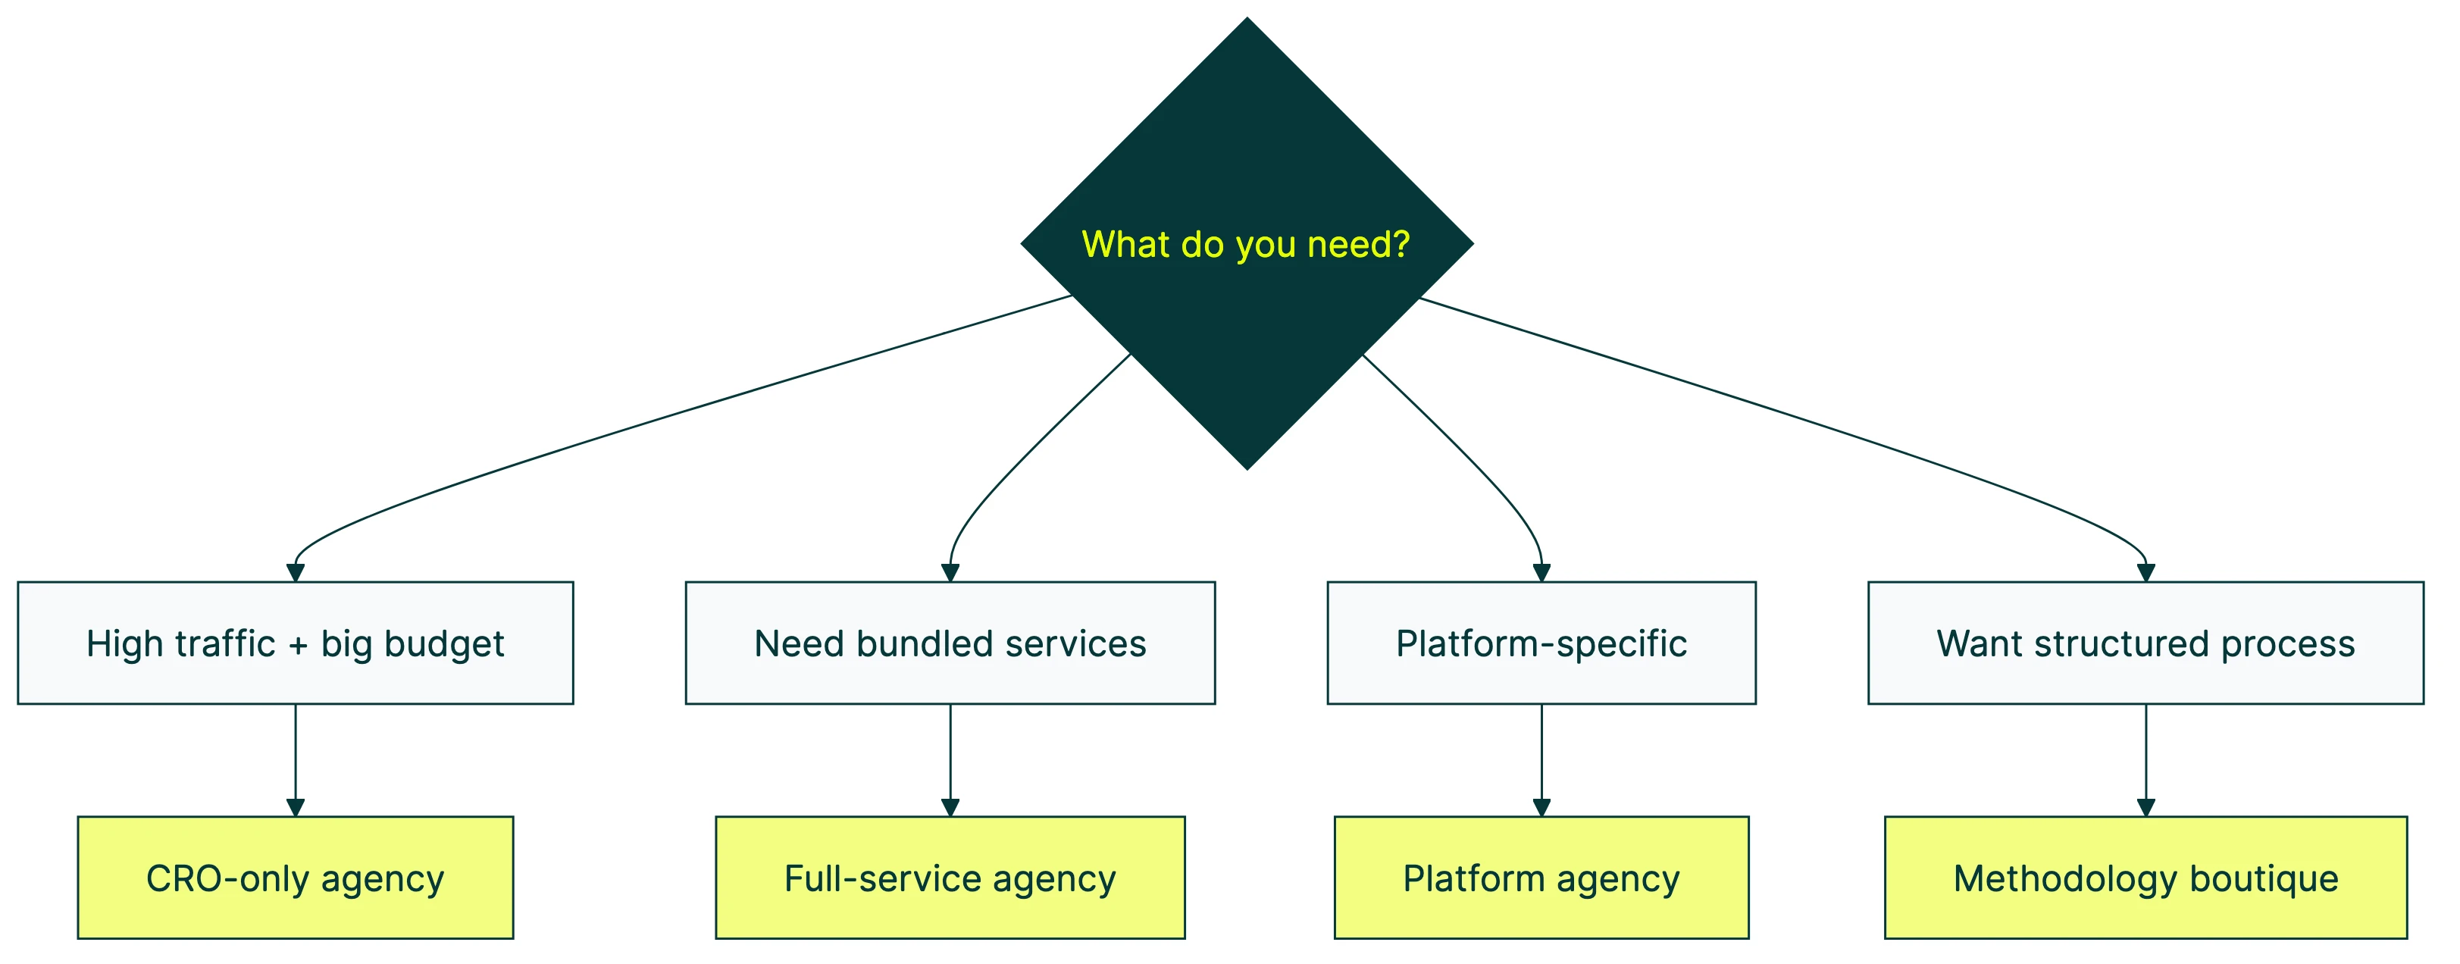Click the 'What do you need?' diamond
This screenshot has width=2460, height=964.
click(x=1246, y=243)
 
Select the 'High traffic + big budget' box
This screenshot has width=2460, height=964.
click(x=295, y=643)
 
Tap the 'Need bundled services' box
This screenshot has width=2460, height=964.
click(x=950, y=643)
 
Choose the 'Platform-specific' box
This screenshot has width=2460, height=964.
click(x=1541, y=643)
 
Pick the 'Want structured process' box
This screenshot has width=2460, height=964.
click(x=2145, y=643)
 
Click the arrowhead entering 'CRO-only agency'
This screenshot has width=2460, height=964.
click(x=295, y=807)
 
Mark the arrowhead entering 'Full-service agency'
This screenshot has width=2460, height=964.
click(x=950, y=807)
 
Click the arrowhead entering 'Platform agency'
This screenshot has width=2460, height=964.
click(x=1541, y=807)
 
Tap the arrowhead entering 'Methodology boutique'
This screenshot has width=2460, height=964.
click(x=2145, y=807)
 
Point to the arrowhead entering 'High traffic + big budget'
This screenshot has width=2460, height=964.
click(x=295, y=572)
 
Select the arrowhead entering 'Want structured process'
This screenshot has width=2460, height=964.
click(x=2145, y=572)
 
